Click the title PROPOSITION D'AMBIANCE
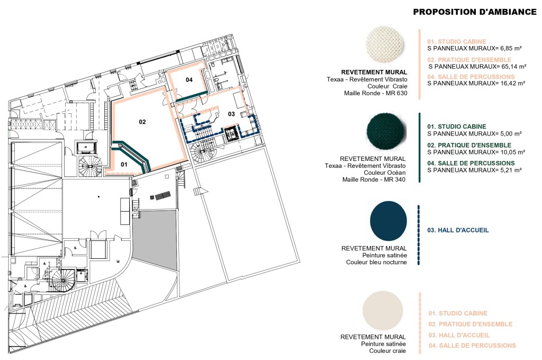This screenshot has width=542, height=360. (x=475, y=12)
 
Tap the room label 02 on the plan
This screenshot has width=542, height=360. (x=142, y=122)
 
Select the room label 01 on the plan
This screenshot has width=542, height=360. (x=125, y=164)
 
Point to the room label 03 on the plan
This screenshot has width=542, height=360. (x=231, y=114)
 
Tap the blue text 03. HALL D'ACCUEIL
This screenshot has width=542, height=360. (x=458, y=230)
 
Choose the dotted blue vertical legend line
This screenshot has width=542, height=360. (x=419, y=235)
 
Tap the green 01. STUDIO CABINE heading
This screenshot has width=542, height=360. (x=457, y=127)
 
